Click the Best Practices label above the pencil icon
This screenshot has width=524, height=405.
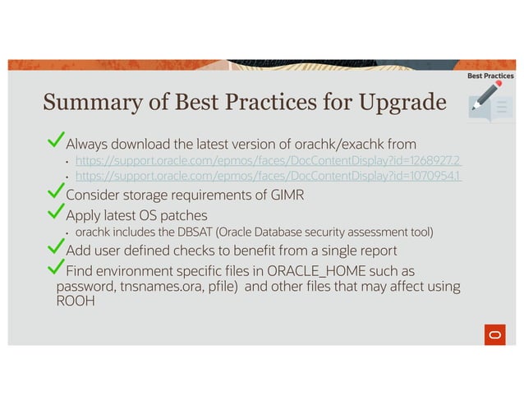(490, 76)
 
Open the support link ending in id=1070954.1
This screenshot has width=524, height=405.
(268, 176)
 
